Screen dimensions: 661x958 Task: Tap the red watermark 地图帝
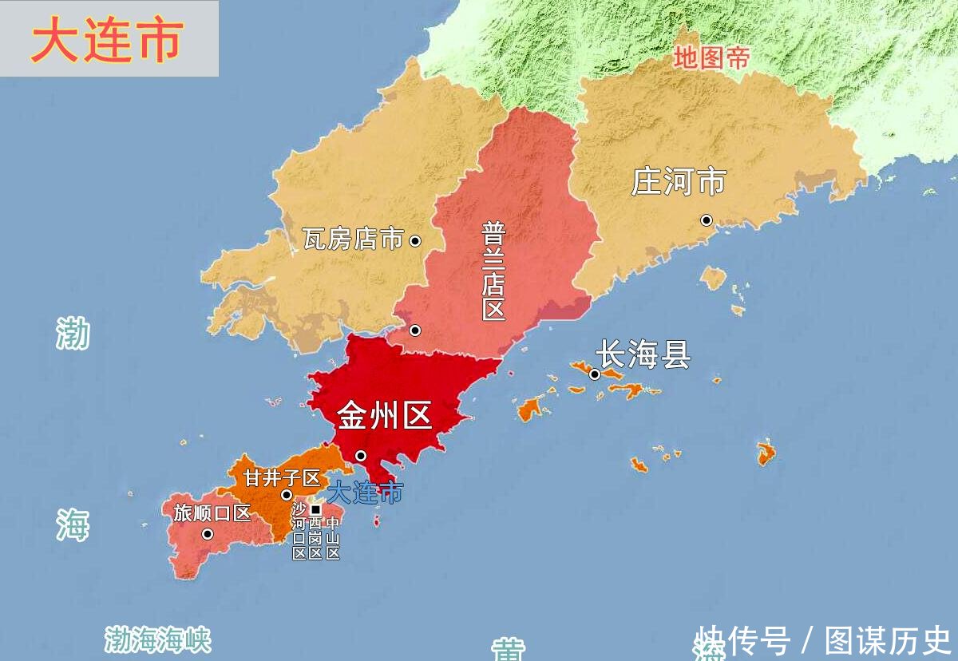(x=711, y=57)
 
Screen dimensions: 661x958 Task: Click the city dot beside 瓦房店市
(x=415, y=240)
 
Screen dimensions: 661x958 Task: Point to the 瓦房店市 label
(x=353, y=239)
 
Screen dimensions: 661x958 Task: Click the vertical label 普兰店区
(x=493, y=271)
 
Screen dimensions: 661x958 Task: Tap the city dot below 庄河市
(x=707, y=220)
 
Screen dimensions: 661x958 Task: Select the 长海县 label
(x=643, y=354)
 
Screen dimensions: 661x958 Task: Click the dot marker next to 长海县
(x=595, y=374)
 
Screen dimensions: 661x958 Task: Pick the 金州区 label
(x=384, y=415)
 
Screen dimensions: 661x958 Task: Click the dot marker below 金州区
(x=361, y=456)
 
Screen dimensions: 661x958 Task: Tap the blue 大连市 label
(x=366, y=493)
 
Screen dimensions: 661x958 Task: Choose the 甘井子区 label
(x=282, y=478)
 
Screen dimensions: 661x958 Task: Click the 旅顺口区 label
(x=212, y=513)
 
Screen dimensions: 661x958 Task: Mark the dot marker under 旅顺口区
(x=208, y=534)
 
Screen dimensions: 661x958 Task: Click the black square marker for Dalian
(x=315, y=509)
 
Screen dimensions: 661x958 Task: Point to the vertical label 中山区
(x=333, y=539)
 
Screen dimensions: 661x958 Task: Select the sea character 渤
(x=73, y=333)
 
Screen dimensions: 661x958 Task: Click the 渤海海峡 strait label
(x=158, y=639)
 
